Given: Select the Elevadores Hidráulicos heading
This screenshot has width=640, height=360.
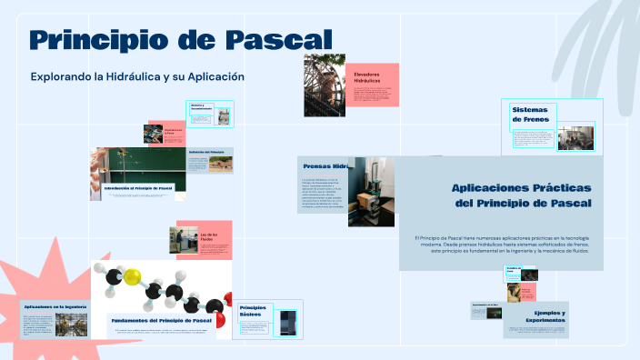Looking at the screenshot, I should [x=367, y=77].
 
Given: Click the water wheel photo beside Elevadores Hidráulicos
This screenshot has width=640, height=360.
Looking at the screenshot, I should [x=325, y=85].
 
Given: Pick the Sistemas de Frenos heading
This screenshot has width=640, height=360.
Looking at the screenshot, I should [x=529, y=114].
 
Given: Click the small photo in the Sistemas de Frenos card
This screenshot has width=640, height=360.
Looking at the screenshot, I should [x=575, y=137].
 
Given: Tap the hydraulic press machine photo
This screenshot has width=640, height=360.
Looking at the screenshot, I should [x=371, y=191].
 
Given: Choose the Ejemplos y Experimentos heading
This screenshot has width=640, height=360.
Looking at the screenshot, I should [x=544, y=316].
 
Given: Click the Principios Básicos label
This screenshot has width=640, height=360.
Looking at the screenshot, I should [x=254, y=313].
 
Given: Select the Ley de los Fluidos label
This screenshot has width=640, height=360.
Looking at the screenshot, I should [x=209, y=237].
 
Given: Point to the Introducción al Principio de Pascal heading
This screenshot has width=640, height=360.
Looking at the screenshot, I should [x=138, y=188].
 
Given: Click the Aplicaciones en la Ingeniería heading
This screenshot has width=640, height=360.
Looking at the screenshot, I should [x=55, y=307].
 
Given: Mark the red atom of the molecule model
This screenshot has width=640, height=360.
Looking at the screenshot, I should [x=226, y=301].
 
